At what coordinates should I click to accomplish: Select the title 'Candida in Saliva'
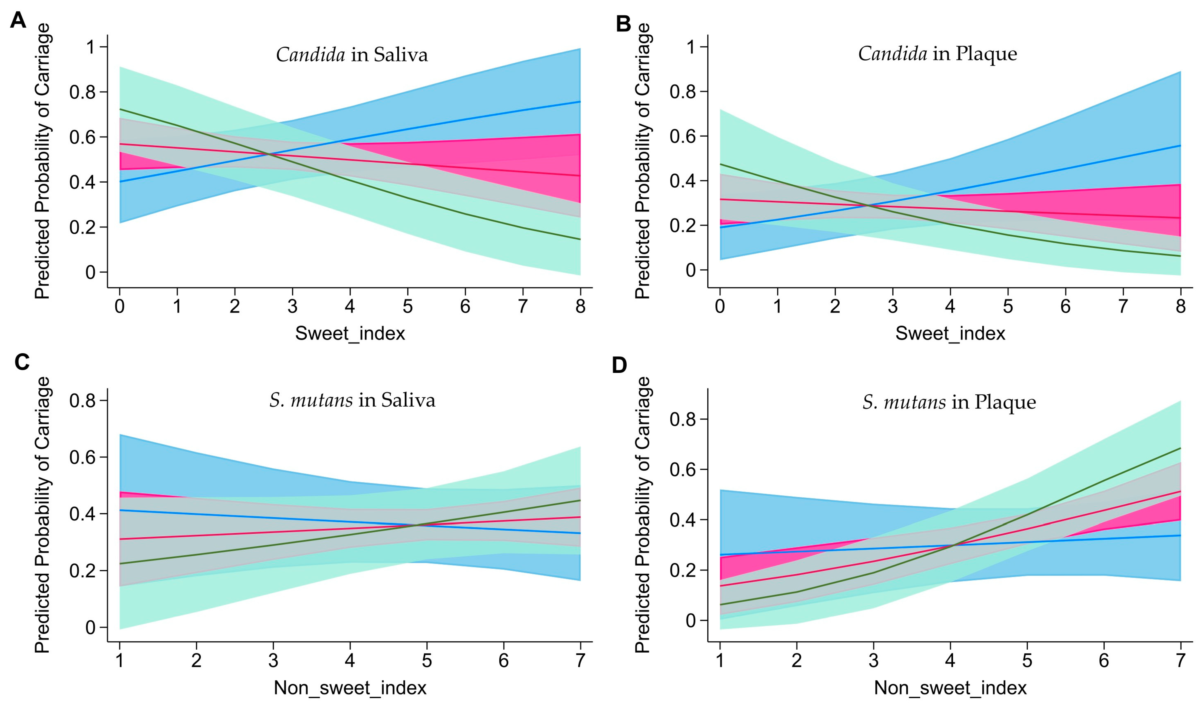352,55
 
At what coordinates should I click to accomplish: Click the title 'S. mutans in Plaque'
949,402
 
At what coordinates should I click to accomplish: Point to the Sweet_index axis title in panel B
950,333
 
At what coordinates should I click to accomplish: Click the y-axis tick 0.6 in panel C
82,457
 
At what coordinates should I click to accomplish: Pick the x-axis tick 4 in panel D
950,661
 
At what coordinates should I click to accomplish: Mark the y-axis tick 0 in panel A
90,272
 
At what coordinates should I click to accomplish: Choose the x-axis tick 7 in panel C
580,661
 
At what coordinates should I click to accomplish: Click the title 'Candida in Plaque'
937,53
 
